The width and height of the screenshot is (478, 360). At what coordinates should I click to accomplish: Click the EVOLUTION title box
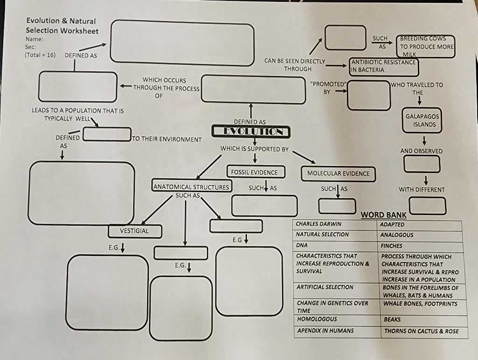click(251, 132)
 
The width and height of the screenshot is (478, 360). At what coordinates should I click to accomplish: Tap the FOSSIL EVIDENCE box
click(254, 173)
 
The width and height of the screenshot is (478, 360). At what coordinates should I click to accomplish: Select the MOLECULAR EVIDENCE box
click(338, 173)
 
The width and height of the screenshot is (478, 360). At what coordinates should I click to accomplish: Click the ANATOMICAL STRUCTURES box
click(191, 187)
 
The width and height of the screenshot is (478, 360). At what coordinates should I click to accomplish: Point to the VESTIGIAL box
click(134, 231)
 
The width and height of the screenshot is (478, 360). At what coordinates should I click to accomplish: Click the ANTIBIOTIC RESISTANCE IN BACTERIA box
click(384, 66)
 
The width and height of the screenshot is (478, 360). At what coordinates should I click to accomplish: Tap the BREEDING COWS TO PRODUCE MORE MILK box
click(425, 47)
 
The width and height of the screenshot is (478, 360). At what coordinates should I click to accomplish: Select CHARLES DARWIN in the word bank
click(319, 224)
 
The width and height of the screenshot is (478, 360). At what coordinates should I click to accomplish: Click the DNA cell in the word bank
click(302, 245)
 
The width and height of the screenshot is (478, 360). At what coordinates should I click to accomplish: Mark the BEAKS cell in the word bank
click(392, 320)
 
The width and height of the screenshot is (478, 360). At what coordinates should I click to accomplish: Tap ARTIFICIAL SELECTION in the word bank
click(325, 287)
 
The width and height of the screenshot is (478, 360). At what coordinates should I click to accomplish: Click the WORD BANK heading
click(383, 215)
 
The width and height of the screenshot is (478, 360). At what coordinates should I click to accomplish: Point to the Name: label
click(34, 39)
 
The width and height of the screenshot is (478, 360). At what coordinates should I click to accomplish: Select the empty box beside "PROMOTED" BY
click(369, 96)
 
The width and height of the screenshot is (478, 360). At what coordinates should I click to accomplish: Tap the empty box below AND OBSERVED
click(422, 164)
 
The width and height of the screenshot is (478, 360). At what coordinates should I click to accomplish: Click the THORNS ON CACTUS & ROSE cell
click(421, 331)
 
